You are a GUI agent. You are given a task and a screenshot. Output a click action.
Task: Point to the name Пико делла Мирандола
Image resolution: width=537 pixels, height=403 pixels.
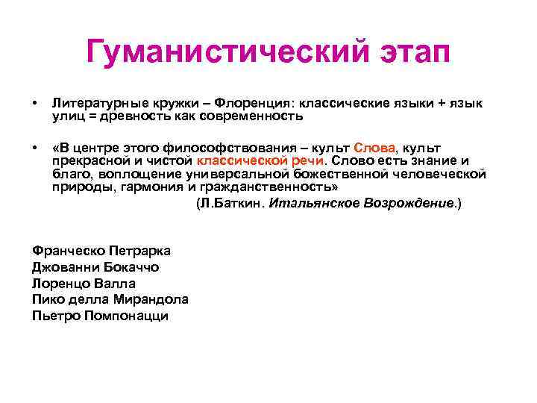click(110, 299)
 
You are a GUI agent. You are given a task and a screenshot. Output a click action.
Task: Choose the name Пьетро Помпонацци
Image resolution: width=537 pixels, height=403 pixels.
click(101, 316)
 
